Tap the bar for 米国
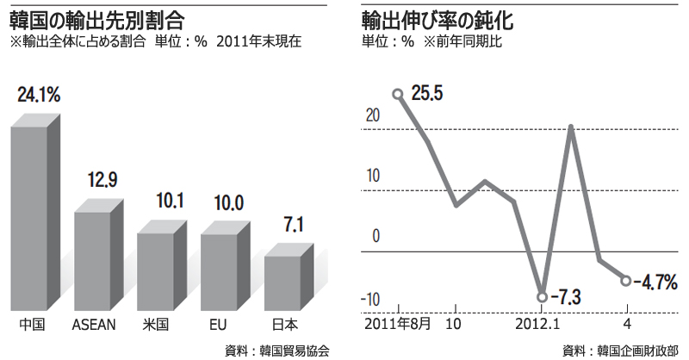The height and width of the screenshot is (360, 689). coord(158,270)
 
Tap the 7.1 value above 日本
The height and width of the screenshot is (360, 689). coord(292,227)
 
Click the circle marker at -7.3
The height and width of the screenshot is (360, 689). coord(542,297)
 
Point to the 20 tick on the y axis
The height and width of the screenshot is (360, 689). coord(374,114)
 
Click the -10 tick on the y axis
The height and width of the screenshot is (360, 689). coord(371,299)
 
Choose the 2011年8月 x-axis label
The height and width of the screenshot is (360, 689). coord(398,326)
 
